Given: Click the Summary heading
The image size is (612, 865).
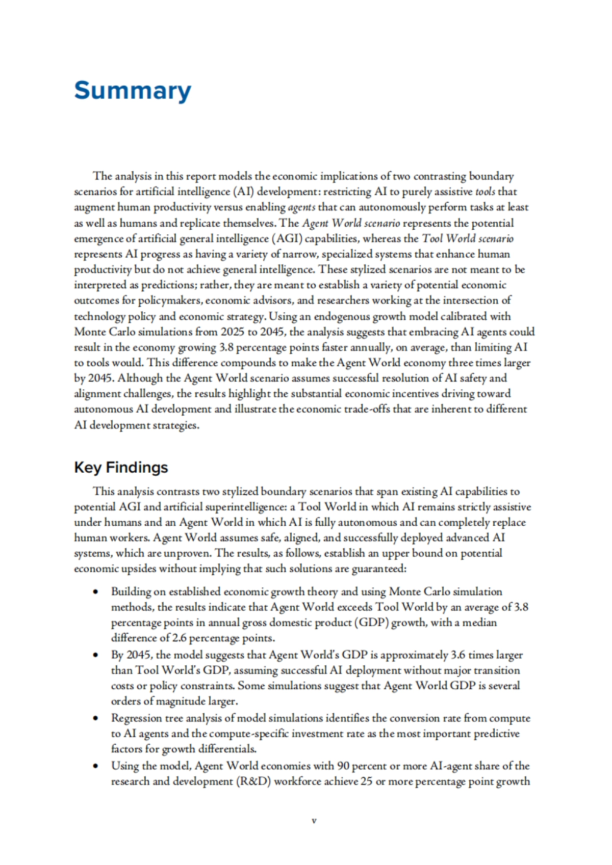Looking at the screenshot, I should (x=133, y=91).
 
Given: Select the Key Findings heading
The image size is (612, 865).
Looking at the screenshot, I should (x=121, y=467).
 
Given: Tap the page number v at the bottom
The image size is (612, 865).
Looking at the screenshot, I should (x=314, y=821).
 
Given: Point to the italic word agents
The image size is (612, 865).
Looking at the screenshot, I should (x=301, y=207).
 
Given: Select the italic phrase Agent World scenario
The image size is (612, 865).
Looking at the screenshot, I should (x=351, y=223).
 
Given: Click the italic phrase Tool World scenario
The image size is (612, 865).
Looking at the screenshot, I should (x=468, y=238).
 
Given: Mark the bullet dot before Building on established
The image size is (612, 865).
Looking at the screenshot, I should (x=95, y=592).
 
